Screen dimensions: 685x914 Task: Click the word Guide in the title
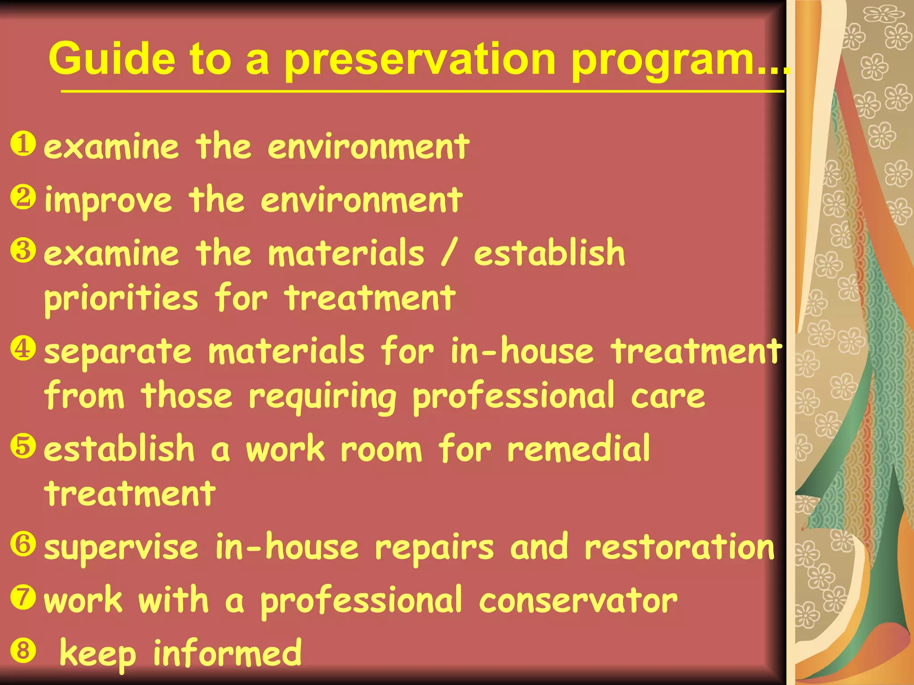click(x=112, y=59)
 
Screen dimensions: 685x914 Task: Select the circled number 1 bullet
click(x=23, y=144)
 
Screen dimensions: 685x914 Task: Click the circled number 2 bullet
click(x=23, y=198)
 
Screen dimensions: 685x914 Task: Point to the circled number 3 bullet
click(x=23, y=251)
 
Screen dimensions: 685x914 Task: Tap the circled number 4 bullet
click(x=23, y=349)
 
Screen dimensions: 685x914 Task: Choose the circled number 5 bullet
click(x=23, y=446)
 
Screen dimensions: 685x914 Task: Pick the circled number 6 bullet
click(x=23, y=545)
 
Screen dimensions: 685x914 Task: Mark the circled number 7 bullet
click(x=23, y=598)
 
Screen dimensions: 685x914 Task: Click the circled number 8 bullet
click(x=23, y=651)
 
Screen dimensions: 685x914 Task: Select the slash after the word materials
click(x=449, y=253)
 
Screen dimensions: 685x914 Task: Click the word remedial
click(x=578, y=449)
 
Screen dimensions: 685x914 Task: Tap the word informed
click(x=227, y=652)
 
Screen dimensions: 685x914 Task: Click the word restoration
click(x=679, y=547)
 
